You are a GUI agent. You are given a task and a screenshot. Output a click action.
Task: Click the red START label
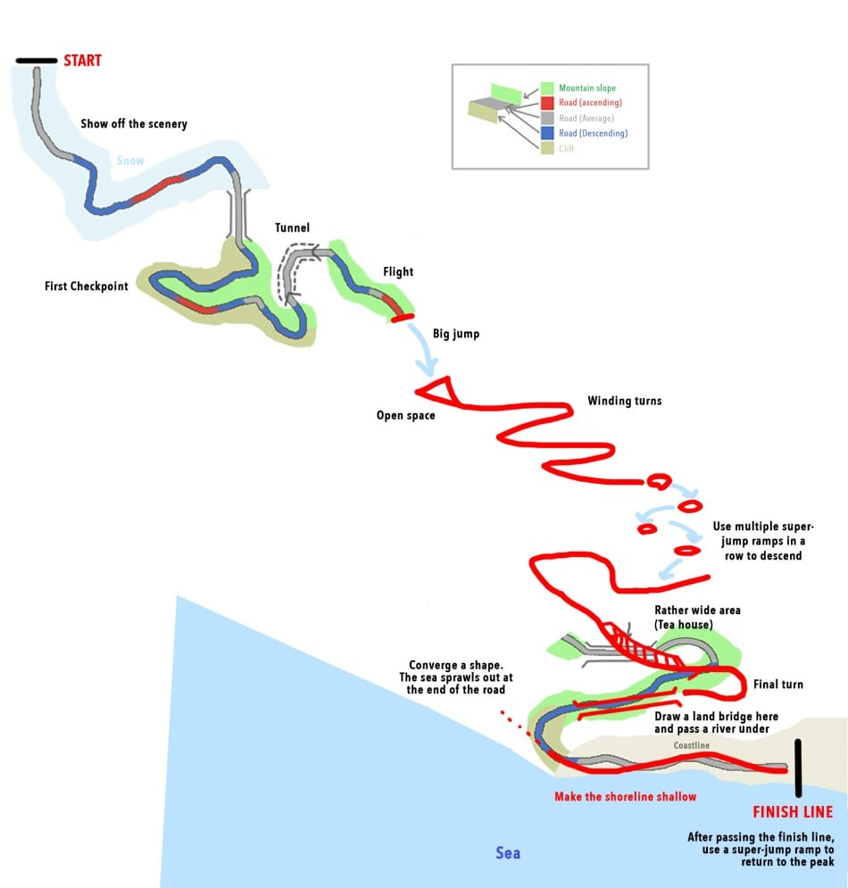pyautogui.click(x=82, y=61)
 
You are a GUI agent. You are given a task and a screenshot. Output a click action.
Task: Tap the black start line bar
pyautogui.click(x=36, y=61)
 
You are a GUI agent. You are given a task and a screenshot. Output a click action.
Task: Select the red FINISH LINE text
pyautogui.click(x=793, y=812)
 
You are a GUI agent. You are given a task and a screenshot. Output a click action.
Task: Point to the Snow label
pyautogui.click(x=129, y=162)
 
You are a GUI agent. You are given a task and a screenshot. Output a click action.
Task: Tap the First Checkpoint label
pyautogui.click(x=87, y=286)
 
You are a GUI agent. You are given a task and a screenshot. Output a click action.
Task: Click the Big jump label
pyautogui.click(x=456, y=334)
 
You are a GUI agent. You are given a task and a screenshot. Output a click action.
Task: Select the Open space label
pyautogui.click(x=406, y=415)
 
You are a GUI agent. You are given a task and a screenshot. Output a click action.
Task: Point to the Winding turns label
pyautogui.click(x=625, y=401)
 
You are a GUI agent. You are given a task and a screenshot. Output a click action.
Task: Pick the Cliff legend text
pyautogui.click(x=567, y=148)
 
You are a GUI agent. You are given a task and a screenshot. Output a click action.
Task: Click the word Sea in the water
pyautogui.click(x=508, y=852)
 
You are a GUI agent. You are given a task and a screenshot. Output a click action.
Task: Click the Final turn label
pyautogui.click(x=777, y=685)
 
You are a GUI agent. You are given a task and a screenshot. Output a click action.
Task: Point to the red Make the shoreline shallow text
pyautogui.click(x=625, y=796)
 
